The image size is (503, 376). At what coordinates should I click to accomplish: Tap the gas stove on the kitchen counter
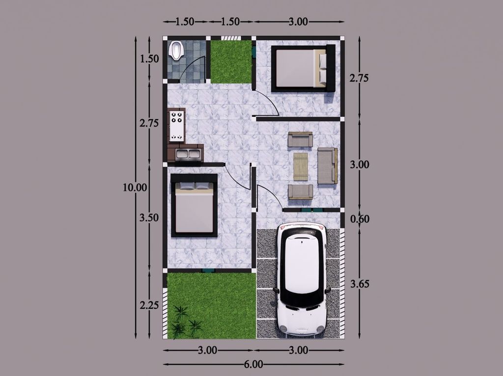coord(177,126)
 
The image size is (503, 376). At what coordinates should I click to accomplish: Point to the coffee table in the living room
coord(301,167)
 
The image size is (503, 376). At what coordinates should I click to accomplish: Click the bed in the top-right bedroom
coord(303,68)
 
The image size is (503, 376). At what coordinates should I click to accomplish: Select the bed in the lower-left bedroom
coord(194,205)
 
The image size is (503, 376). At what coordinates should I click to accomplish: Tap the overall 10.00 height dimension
coord(135,188)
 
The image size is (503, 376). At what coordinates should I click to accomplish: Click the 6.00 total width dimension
coord(253,364)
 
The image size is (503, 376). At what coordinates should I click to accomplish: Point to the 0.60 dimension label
coord(360,219)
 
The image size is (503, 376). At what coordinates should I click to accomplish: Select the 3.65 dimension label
coord(360,284)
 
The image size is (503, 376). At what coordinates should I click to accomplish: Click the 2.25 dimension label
coord(149,305)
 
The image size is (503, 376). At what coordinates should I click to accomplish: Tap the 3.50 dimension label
coord(149,217)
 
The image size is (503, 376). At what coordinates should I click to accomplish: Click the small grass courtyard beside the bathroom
coord(231,61)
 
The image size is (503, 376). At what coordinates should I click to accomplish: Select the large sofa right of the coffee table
coord(328,166)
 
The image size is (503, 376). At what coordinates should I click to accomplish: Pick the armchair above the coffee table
coord(300,139)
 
